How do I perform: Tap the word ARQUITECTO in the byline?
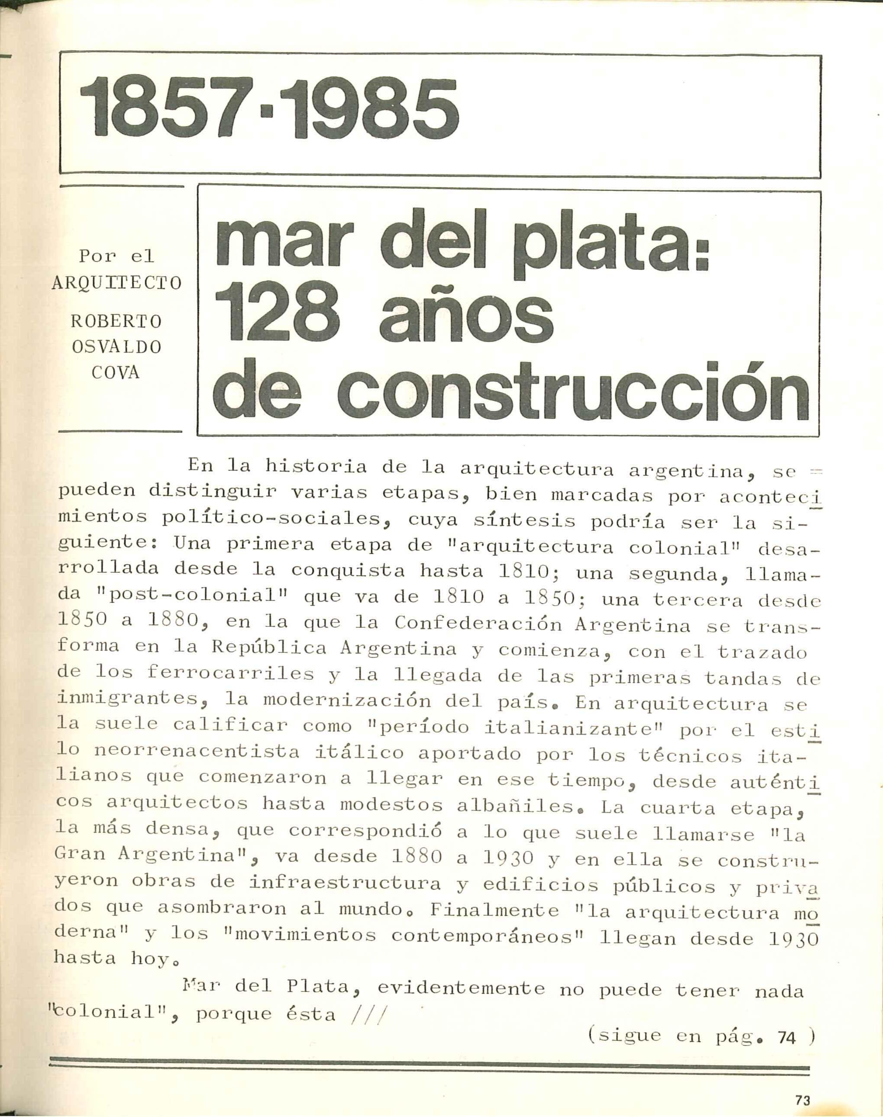(x=117, y=283)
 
